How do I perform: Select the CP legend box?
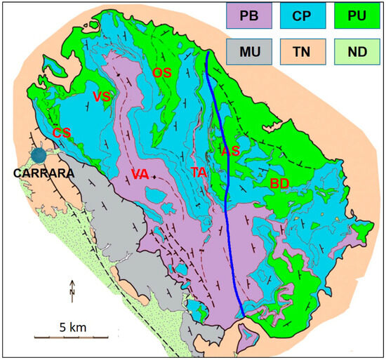point(303,16)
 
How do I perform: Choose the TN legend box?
point(303,51)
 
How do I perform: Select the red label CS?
point(62,133)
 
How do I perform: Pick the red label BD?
point(279,183)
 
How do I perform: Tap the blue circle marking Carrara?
point(39,156)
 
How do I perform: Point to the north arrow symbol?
point(72,289)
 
